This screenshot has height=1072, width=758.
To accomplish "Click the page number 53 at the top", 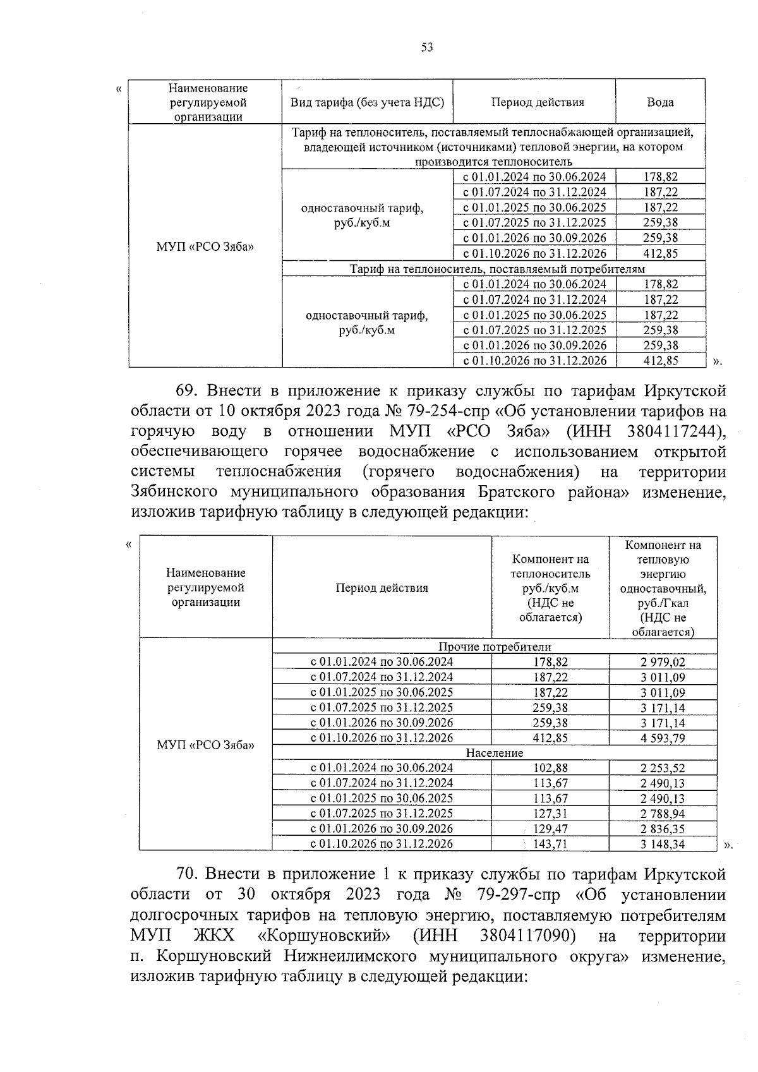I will point(426,47).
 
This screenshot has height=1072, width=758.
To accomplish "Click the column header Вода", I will point(660,102).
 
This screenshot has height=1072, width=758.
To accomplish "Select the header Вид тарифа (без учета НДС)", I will point(367,102).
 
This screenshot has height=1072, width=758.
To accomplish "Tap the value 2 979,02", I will point(663,662).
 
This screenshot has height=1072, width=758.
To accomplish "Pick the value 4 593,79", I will point(663,738).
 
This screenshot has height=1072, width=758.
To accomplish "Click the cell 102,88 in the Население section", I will point(550,768).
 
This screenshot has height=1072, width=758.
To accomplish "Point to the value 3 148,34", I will point(663,844).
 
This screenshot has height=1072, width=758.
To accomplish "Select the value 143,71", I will point(550,844).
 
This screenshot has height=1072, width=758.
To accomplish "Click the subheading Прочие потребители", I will point(495,647).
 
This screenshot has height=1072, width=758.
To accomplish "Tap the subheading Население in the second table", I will point(495,753).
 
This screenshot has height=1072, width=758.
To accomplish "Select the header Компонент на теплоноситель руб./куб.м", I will point(550,587).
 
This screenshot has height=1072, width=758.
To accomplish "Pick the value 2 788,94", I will point(663,814).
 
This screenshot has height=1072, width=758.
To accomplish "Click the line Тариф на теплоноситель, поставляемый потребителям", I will point(497,269).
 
